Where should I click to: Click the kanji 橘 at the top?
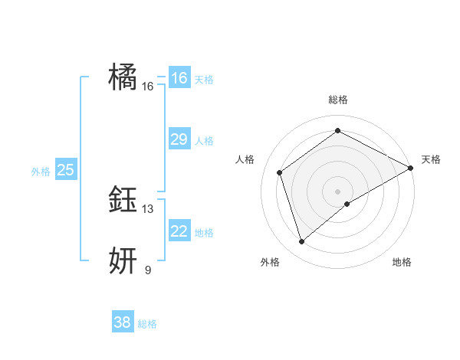click(123, 78)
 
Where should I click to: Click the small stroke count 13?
click(148, 209)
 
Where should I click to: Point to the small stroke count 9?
click(148, 270)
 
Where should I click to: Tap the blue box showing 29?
click(179, 139)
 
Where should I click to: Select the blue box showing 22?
click(179, 231)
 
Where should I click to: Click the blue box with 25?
click(65, 170)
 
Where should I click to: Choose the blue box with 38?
click(123, 322)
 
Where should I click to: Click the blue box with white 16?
click(179, 78)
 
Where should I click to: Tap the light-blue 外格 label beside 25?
click(41, 172)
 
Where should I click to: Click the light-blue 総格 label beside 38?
click(147, 324)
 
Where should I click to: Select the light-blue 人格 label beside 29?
click(204, 141)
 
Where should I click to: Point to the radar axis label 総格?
click(338, 100)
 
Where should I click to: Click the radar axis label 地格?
click(402, 262)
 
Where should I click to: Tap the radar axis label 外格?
click(270, 262)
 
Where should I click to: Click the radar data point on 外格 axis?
click(301, 242)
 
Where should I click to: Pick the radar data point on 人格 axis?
click(280, 172)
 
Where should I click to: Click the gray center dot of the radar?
click(337, 191)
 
